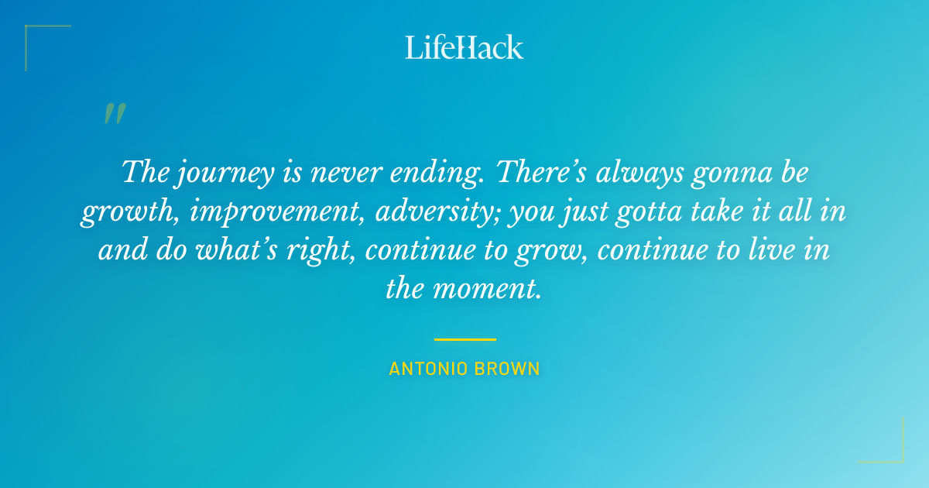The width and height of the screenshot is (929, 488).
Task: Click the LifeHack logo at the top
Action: pyautogui.click(x=464, y=47)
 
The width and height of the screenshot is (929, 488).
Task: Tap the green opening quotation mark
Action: pyautogui.click(x=114, y=115)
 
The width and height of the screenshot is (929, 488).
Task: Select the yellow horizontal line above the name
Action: pyautogui.click(x=464, y=339)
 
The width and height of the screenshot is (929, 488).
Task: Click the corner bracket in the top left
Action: pyautogui.click(x=35, y=35)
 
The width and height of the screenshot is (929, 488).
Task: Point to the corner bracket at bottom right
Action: pyautogui.click(x=894, y=453)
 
